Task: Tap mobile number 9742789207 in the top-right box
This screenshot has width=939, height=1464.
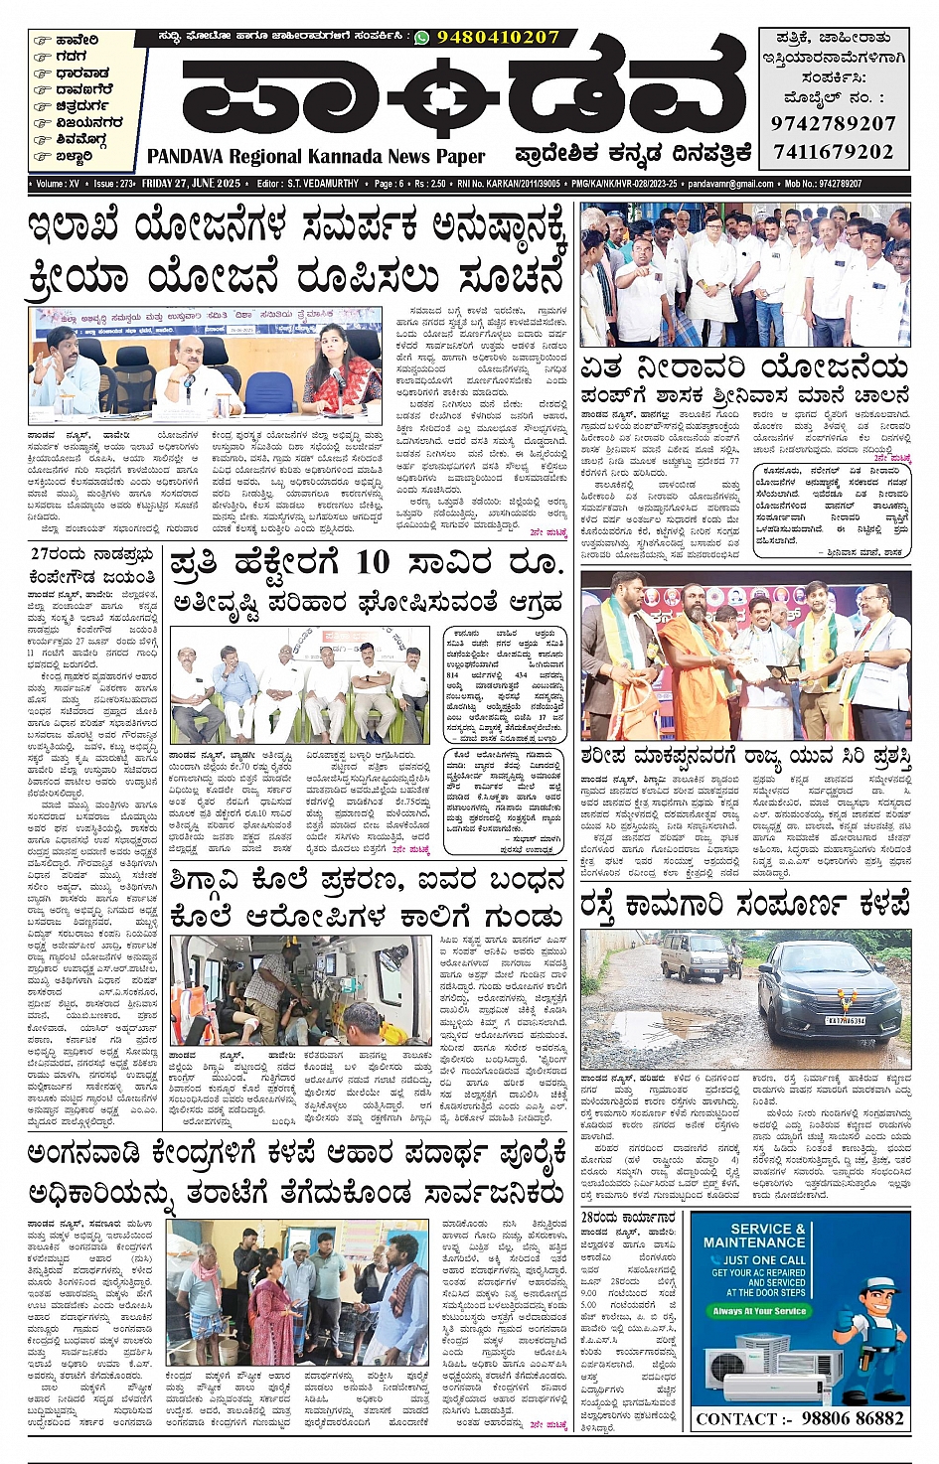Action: (x=833, y=124)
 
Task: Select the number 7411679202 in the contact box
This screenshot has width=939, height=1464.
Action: (x=833, y=152)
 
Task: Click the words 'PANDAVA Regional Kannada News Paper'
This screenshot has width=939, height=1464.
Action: (x=316, y=157)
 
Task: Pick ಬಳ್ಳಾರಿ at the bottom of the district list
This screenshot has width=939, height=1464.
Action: (x=75, y=156)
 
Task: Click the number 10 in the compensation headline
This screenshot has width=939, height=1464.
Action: (x=372, y=562)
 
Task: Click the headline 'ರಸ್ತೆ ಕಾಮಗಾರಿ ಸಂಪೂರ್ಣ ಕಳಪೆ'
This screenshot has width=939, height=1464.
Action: (x=745, y=906)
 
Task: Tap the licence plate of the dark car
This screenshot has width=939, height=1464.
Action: (x=846, y=1020)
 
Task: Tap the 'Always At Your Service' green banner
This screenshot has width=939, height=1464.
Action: (x=759, y=1311)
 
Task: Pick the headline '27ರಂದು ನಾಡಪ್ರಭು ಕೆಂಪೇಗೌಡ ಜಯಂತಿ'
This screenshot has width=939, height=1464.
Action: (x=92, y=565)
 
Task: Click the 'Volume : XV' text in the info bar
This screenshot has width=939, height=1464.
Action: (x=58, y=184)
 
